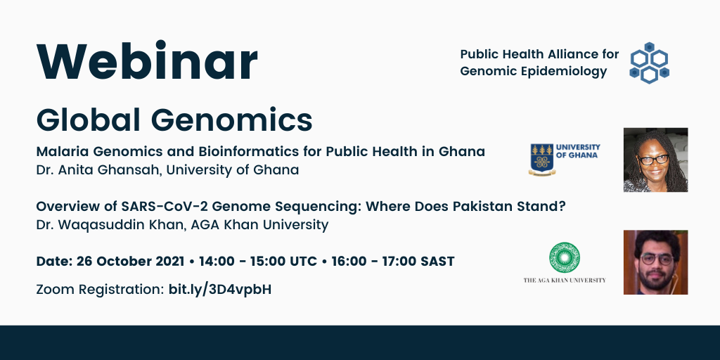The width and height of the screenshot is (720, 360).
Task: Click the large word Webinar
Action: (x=147, y=62)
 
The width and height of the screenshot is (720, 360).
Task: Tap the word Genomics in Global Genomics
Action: (x=232, y=120)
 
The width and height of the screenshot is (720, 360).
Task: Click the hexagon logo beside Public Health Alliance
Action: (x=649, y=63)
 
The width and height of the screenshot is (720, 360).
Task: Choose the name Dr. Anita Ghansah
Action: (x=98, y=170)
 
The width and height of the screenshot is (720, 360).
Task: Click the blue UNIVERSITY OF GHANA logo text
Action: (x=578, y=151)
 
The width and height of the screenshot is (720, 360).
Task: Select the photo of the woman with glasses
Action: (x=656, y=160)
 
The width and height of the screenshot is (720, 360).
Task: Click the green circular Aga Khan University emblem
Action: (x=565, y=257)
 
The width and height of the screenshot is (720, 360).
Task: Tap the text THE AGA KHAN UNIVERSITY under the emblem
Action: (x=565, y=280)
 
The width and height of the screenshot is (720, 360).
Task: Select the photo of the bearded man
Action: (x=656, y=262)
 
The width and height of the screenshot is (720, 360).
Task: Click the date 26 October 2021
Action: (x=131, y=262)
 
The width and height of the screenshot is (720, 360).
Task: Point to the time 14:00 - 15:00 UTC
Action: (x=257, y=262)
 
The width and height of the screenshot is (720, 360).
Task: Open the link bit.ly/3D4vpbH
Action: (x=220, y=290)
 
